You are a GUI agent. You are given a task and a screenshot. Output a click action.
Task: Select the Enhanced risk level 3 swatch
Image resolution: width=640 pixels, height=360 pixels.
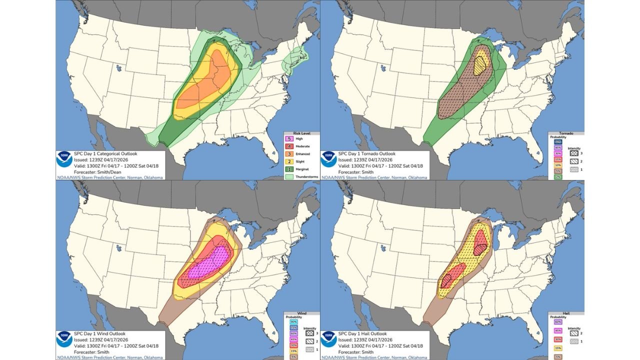pyautogui.click(x=287, y=153)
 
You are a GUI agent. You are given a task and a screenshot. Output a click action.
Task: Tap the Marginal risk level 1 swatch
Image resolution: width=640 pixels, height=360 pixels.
pyautogui.click(x=287, y=169)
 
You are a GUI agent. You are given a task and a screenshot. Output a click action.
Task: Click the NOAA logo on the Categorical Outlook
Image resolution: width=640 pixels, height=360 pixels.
pyautogui.click(x=64, y=159)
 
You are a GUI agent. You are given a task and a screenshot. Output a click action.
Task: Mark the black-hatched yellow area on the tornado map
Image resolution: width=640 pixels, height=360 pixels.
pyautogui.click(x=480, y=64)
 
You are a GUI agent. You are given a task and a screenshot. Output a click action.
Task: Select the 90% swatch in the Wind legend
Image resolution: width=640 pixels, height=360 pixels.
pyautogui.click(x=293, y=321)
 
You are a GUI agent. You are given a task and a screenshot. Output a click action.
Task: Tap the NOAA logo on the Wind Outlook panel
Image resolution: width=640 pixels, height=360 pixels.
pyautogui.click(x=64, y=339)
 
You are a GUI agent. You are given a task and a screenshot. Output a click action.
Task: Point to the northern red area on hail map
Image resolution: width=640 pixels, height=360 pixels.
pyautogui.click(x=481, y=242)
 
